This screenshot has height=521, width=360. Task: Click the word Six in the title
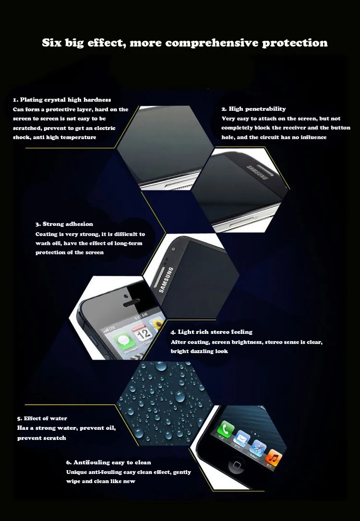point(52,43)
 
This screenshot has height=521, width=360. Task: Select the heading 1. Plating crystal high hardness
point(62,100)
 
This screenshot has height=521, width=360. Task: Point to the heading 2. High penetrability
point(253,109)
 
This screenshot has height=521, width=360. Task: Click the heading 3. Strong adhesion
point(64,224)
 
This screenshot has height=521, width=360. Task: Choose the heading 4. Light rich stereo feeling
point(212,332)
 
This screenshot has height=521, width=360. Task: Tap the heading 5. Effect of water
point(42,418)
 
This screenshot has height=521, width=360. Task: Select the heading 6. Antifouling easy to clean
point(108,462)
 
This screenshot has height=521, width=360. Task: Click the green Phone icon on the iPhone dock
point(226,430)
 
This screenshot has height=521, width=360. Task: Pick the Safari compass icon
point(258,448)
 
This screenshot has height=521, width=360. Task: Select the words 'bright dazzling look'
point(199,352)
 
